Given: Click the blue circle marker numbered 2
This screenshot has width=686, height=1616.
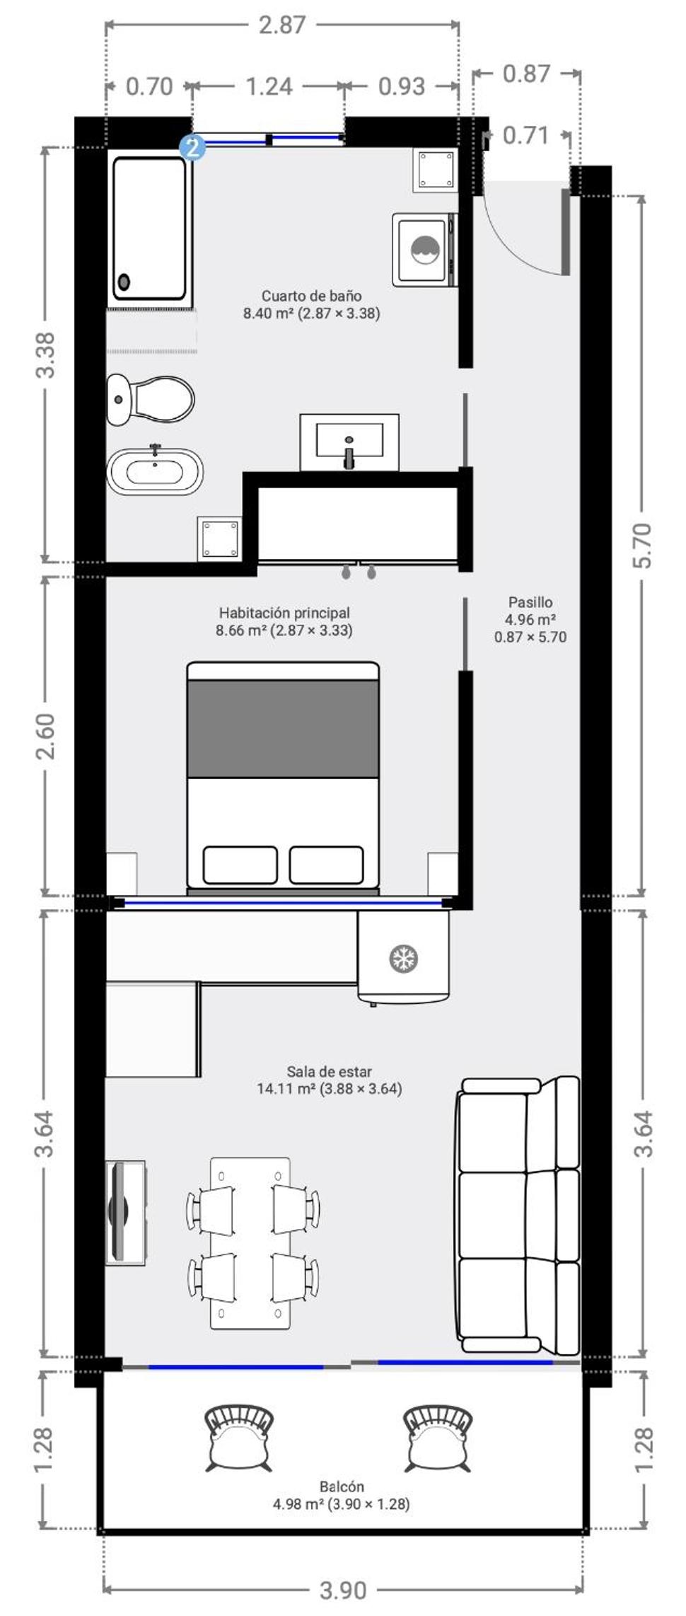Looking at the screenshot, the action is pos(192,148).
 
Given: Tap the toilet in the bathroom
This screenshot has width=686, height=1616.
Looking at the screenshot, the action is pos(151,399).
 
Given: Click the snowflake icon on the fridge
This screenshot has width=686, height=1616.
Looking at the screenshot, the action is pos(404,959).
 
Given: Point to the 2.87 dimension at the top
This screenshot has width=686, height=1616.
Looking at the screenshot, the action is pos(282,25).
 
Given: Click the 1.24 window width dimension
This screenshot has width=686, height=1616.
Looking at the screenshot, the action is pos(269,86).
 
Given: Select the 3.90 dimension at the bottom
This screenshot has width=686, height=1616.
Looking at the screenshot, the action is pos(343,1591).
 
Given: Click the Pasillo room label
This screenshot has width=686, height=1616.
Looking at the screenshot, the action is pos(530,602).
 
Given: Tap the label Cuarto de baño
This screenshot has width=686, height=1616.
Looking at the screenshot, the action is pos(312,296).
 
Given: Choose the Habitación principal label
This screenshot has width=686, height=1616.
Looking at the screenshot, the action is pos(284,613).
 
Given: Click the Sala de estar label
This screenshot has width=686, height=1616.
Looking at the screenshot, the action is pos(330,1071).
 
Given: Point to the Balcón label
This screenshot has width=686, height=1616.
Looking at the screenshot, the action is pos(342,1487).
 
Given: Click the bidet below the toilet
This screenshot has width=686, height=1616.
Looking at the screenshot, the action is pos(155,471).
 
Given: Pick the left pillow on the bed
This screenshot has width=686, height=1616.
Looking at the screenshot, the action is pos(240,865).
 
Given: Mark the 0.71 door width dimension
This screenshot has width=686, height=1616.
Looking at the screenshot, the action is pos(525,135).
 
